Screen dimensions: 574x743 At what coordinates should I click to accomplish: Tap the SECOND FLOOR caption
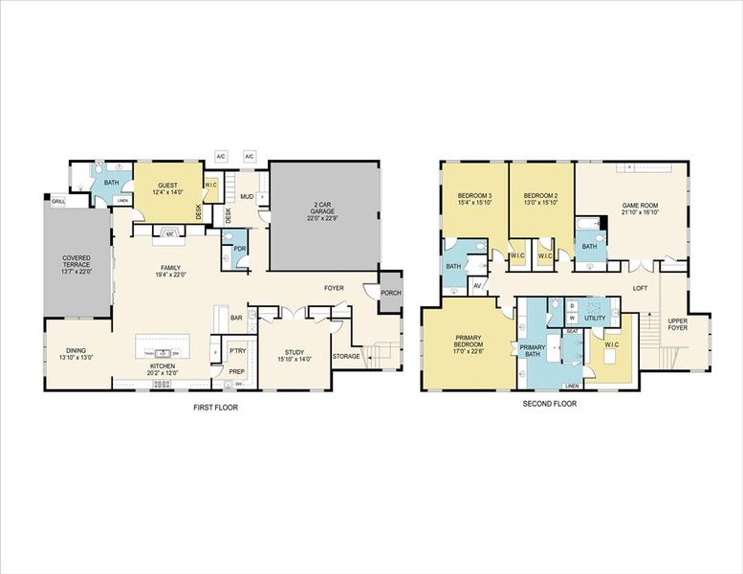pos(550,404)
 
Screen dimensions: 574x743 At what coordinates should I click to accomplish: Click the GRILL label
pos(57,202)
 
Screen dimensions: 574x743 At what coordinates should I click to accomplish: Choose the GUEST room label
pos(167,185)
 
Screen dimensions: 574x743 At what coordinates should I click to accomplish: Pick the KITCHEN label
pos(161,366)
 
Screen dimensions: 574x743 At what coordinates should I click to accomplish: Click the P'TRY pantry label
pos(236,350)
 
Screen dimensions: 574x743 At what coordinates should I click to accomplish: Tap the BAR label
pos(235,318)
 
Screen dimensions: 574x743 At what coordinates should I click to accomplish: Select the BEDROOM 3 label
pos(475,195)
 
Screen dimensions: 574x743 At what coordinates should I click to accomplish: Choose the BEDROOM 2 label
pos(541,195)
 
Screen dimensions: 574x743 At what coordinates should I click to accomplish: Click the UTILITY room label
pos(595,318)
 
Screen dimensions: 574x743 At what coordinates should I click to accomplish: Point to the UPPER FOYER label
pos(678,324)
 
